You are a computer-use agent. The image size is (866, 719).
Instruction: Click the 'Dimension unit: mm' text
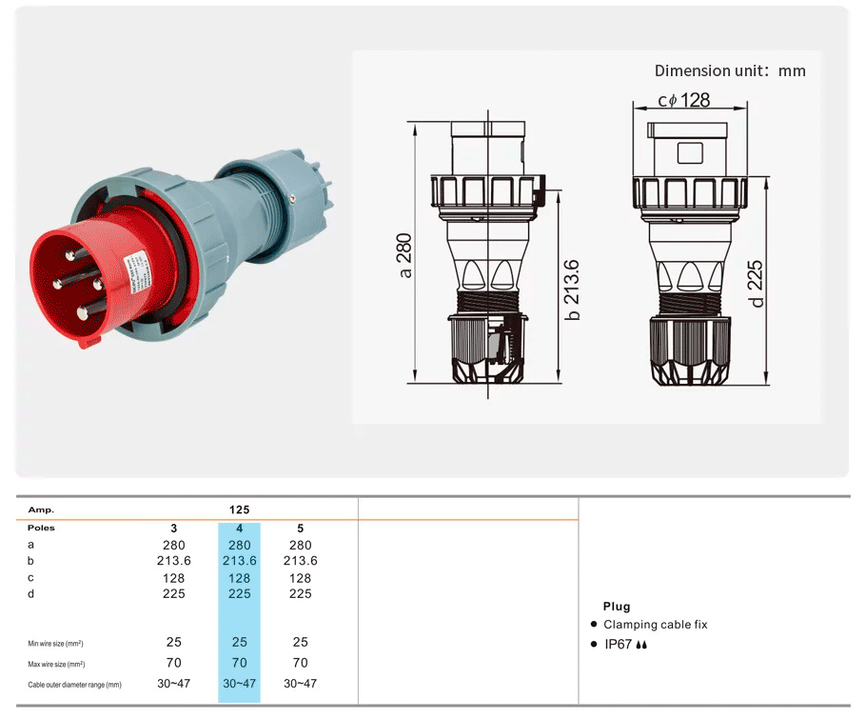pos(730,70)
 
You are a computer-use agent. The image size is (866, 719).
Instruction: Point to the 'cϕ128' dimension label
pos(683,100)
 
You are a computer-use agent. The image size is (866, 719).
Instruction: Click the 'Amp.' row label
pos(41,510)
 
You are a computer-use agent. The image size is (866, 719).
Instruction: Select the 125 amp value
pos(239,510)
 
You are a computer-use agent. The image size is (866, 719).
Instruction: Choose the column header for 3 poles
pos(173,528)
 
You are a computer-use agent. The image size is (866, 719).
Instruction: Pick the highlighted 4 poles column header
pos(239,528)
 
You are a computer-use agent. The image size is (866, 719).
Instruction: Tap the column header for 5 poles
pos(300,528)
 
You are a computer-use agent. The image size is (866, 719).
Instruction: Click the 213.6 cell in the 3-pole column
pos(173,561)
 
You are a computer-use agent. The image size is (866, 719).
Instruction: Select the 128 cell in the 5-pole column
pos(300,577)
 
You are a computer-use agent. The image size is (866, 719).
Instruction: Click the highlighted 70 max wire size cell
pos(239,663)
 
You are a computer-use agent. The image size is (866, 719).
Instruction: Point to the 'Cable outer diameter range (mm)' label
pos(74,685)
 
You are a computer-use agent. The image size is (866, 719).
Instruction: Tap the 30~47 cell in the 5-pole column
pos(300,684)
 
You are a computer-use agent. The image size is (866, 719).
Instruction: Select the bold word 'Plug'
pos(616,607)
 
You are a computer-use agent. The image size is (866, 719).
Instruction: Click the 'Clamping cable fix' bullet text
pos(655,625)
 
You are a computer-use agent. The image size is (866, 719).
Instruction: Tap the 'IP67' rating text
pos(618,645)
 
